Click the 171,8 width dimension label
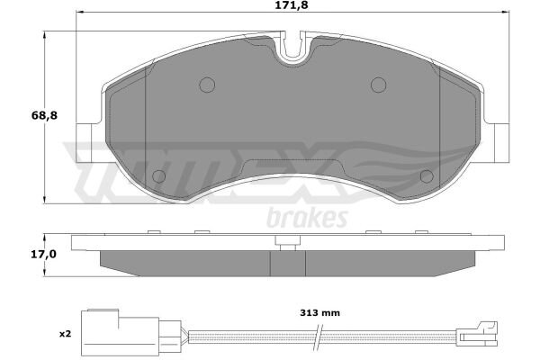point(292,5)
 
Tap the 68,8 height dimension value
point(44,116)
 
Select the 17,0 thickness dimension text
point(43,255)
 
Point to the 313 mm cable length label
point(319,313)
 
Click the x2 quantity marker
point(65,334)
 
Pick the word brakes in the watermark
point(307,218)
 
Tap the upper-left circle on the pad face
point(207,85)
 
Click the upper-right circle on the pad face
point(379,85)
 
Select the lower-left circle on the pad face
point(158,176)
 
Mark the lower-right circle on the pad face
point(427,176)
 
